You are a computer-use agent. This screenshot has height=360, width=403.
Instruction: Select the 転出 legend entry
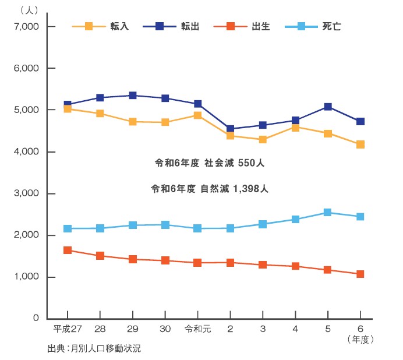point(170,26)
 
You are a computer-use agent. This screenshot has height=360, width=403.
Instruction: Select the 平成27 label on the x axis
point(66,329)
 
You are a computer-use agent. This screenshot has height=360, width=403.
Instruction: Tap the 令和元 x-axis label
point(197,329)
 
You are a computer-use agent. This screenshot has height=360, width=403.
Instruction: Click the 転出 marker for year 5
point(328,107)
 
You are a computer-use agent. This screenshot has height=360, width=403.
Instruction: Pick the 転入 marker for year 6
point(360,144)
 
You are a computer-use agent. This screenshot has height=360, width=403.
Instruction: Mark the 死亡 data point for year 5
point(328,213)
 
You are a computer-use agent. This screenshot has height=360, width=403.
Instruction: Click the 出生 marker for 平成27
point(68,250)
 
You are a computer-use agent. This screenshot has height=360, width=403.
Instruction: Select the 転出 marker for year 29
point(133,96)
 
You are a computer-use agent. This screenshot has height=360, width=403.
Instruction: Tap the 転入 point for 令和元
point(198,115)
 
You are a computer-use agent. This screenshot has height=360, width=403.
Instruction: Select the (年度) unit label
point(360,338)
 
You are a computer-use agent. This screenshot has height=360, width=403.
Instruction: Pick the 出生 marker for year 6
point(360,274)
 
